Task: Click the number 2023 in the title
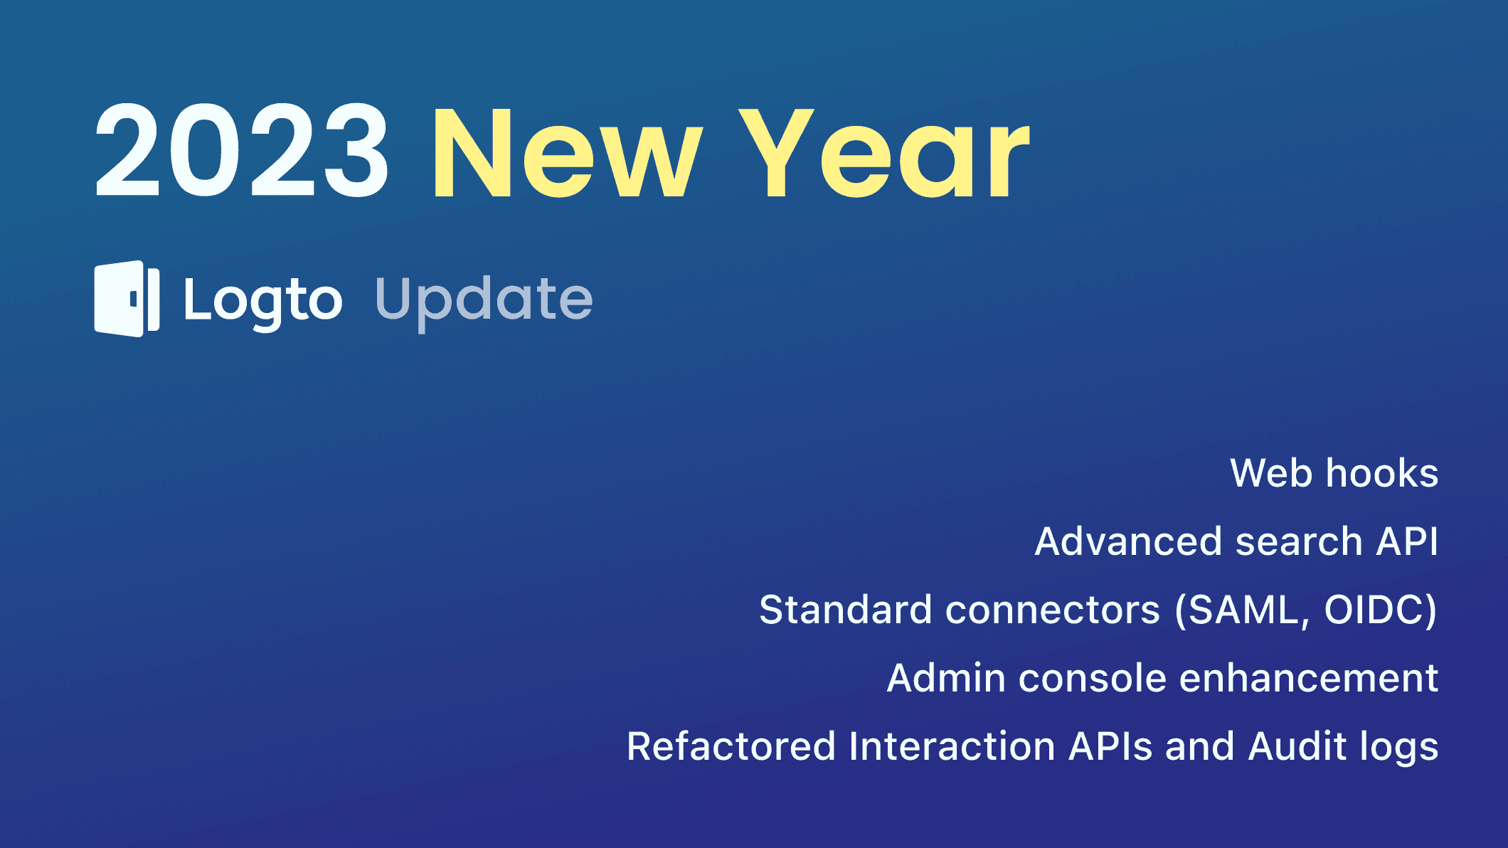click(242, 151)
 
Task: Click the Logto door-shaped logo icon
click(127, 299)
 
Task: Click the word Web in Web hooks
click(1271, 474)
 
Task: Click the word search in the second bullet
click(1298, 542)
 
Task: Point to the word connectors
click(1053, 610)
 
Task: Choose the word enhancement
click(1309, 679)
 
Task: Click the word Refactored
click(731, 747)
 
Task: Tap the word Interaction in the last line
click(952, 747)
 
